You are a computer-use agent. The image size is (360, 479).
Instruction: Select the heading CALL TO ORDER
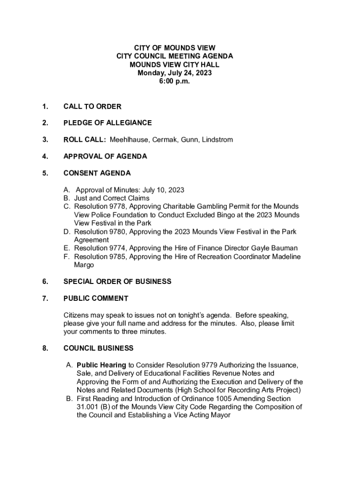(92, 107)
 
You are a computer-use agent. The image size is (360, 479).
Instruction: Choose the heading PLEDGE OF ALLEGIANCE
(108, 123)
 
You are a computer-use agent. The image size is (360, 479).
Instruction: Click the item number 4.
(45, 156)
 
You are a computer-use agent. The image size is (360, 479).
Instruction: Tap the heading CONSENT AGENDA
(97, 173)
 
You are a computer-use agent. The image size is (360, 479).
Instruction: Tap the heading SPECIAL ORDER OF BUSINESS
(117, 282)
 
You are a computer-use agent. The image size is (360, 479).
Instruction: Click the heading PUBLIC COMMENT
(96, 298)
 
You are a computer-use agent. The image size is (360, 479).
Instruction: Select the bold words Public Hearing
(101, 365)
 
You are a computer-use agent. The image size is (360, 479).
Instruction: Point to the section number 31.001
(87, 407)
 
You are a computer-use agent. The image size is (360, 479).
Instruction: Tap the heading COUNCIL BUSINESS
(98, 348)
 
